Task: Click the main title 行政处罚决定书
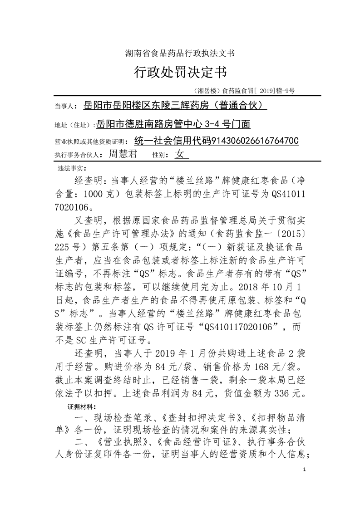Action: click(x=180, y=72)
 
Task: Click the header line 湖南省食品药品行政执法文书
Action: click(x=180, y=53)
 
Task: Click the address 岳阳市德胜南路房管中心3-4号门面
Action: click(x=173, y=124)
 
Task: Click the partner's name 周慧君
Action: click(x=123, y=154)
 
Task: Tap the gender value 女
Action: click(x=180, y=154)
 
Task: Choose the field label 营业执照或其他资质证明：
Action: click(x=93, y=141)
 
